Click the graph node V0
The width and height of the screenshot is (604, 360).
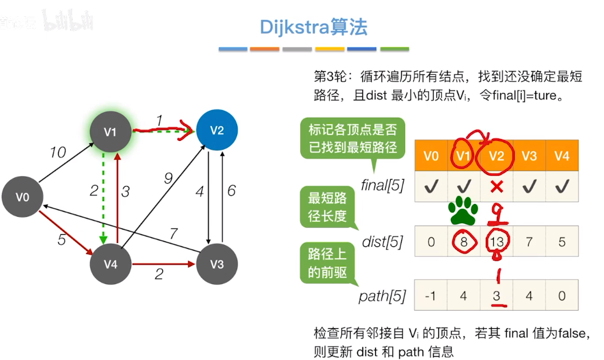pos(23,197)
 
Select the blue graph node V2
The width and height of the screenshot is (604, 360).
pos(216,130)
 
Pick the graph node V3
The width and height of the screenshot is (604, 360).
pos(216,264)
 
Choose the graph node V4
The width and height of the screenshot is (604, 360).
pos(110,264)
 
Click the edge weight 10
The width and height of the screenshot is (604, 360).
pos(57,152)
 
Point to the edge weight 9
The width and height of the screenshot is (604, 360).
pos(168,179)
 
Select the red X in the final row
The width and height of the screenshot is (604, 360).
pos(496,187)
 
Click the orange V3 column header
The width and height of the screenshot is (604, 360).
pos(529,156)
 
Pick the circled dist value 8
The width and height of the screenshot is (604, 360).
pos(463,241)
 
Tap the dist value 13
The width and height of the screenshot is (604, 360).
pos(496,241)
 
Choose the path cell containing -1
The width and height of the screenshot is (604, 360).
pos(431,296)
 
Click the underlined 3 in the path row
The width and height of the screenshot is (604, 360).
pos(496,296)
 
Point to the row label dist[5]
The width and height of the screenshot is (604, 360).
pos(383,242)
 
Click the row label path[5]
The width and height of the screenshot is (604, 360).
pos(382,297)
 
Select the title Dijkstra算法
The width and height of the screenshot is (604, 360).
pos(314,27)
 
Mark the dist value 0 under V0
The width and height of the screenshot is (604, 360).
pos(431,241)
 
